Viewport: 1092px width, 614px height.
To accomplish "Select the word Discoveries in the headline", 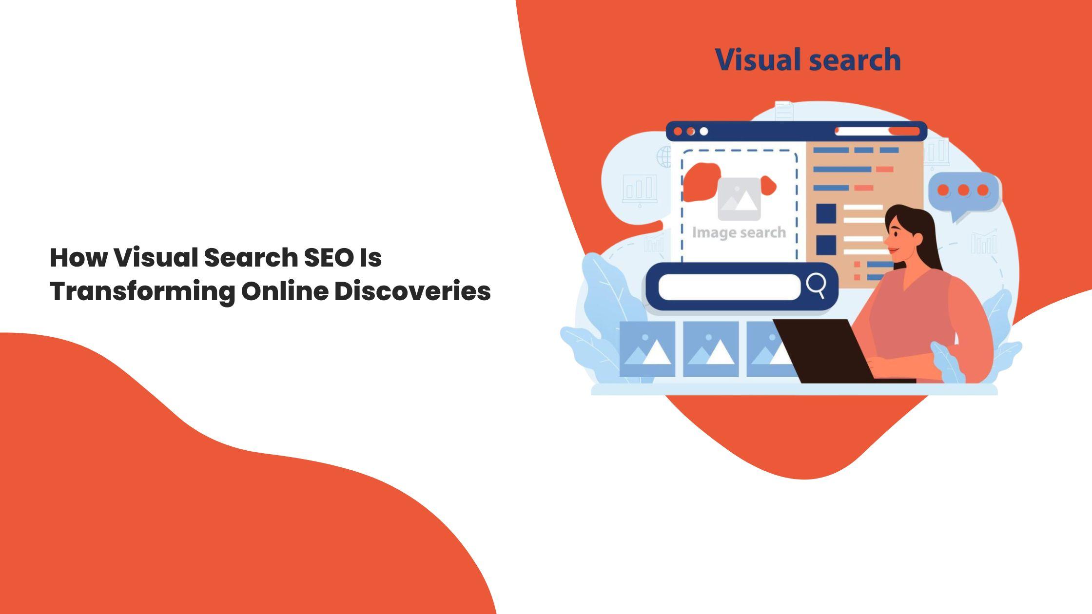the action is click(412, 291).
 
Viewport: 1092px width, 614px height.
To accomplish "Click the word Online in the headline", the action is click(285, 291).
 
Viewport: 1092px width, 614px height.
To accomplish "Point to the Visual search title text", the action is click(808, 60).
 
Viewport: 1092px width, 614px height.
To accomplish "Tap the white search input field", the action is click(729, 287).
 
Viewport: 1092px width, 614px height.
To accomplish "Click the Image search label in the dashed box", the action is click(739, 233).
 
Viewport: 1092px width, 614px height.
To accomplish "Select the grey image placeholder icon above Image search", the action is click(739, 199).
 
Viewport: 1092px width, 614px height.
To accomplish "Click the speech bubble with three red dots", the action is click(964, 193).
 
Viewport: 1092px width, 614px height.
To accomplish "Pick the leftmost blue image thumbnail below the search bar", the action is click(647, 349).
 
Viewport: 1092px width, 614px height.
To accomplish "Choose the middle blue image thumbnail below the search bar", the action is click(711, 349).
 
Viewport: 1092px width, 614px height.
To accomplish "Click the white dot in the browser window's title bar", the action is click(703, 132).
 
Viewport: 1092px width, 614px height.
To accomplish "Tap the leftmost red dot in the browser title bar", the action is click(678, 132).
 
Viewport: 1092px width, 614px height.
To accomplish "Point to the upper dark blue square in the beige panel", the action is click(826, 214).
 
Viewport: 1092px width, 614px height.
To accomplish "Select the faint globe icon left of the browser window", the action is click(664, 157).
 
